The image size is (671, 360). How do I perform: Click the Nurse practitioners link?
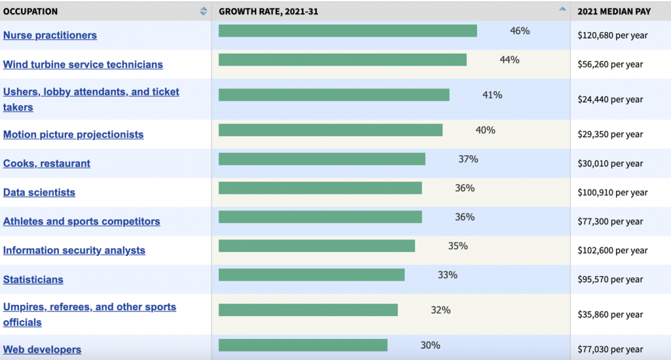[50, 35]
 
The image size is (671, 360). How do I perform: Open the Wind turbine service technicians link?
[83, 64]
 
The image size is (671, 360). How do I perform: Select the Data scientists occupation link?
[39, 192]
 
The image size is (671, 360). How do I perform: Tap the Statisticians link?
[33, 279]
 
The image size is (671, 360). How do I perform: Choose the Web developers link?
[42, 350]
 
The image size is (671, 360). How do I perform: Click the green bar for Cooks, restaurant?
[322, 159]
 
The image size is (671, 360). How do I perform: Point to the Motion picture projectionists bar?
[330, 130]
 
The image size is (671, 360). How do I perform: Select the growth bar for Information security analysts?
[316, 246]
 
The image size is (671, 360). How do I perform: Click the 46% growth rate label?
[520, 31]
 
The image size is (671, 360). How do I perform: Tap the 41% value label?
[492, 95]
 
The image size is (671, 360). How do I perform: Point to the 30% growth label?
[431, 345]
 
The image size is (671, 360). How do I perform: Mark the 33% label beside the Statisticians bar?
[448, 275]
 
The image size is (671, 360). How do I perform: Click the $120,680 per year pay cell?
[612, 35]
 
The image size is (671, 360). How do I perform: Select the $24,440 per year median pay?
[610, 100]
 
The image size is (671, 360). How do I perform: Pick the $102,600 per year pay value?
[612, 250]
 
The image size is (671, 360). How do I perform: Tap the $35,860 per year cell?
[610, 315]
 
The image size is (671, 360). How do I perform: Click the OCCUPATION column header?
[31, 11]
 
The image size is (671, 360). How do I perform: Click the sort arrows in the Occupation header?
[203, 11]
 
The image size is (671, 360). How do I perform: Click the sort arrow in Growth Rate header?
[562, 10]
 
